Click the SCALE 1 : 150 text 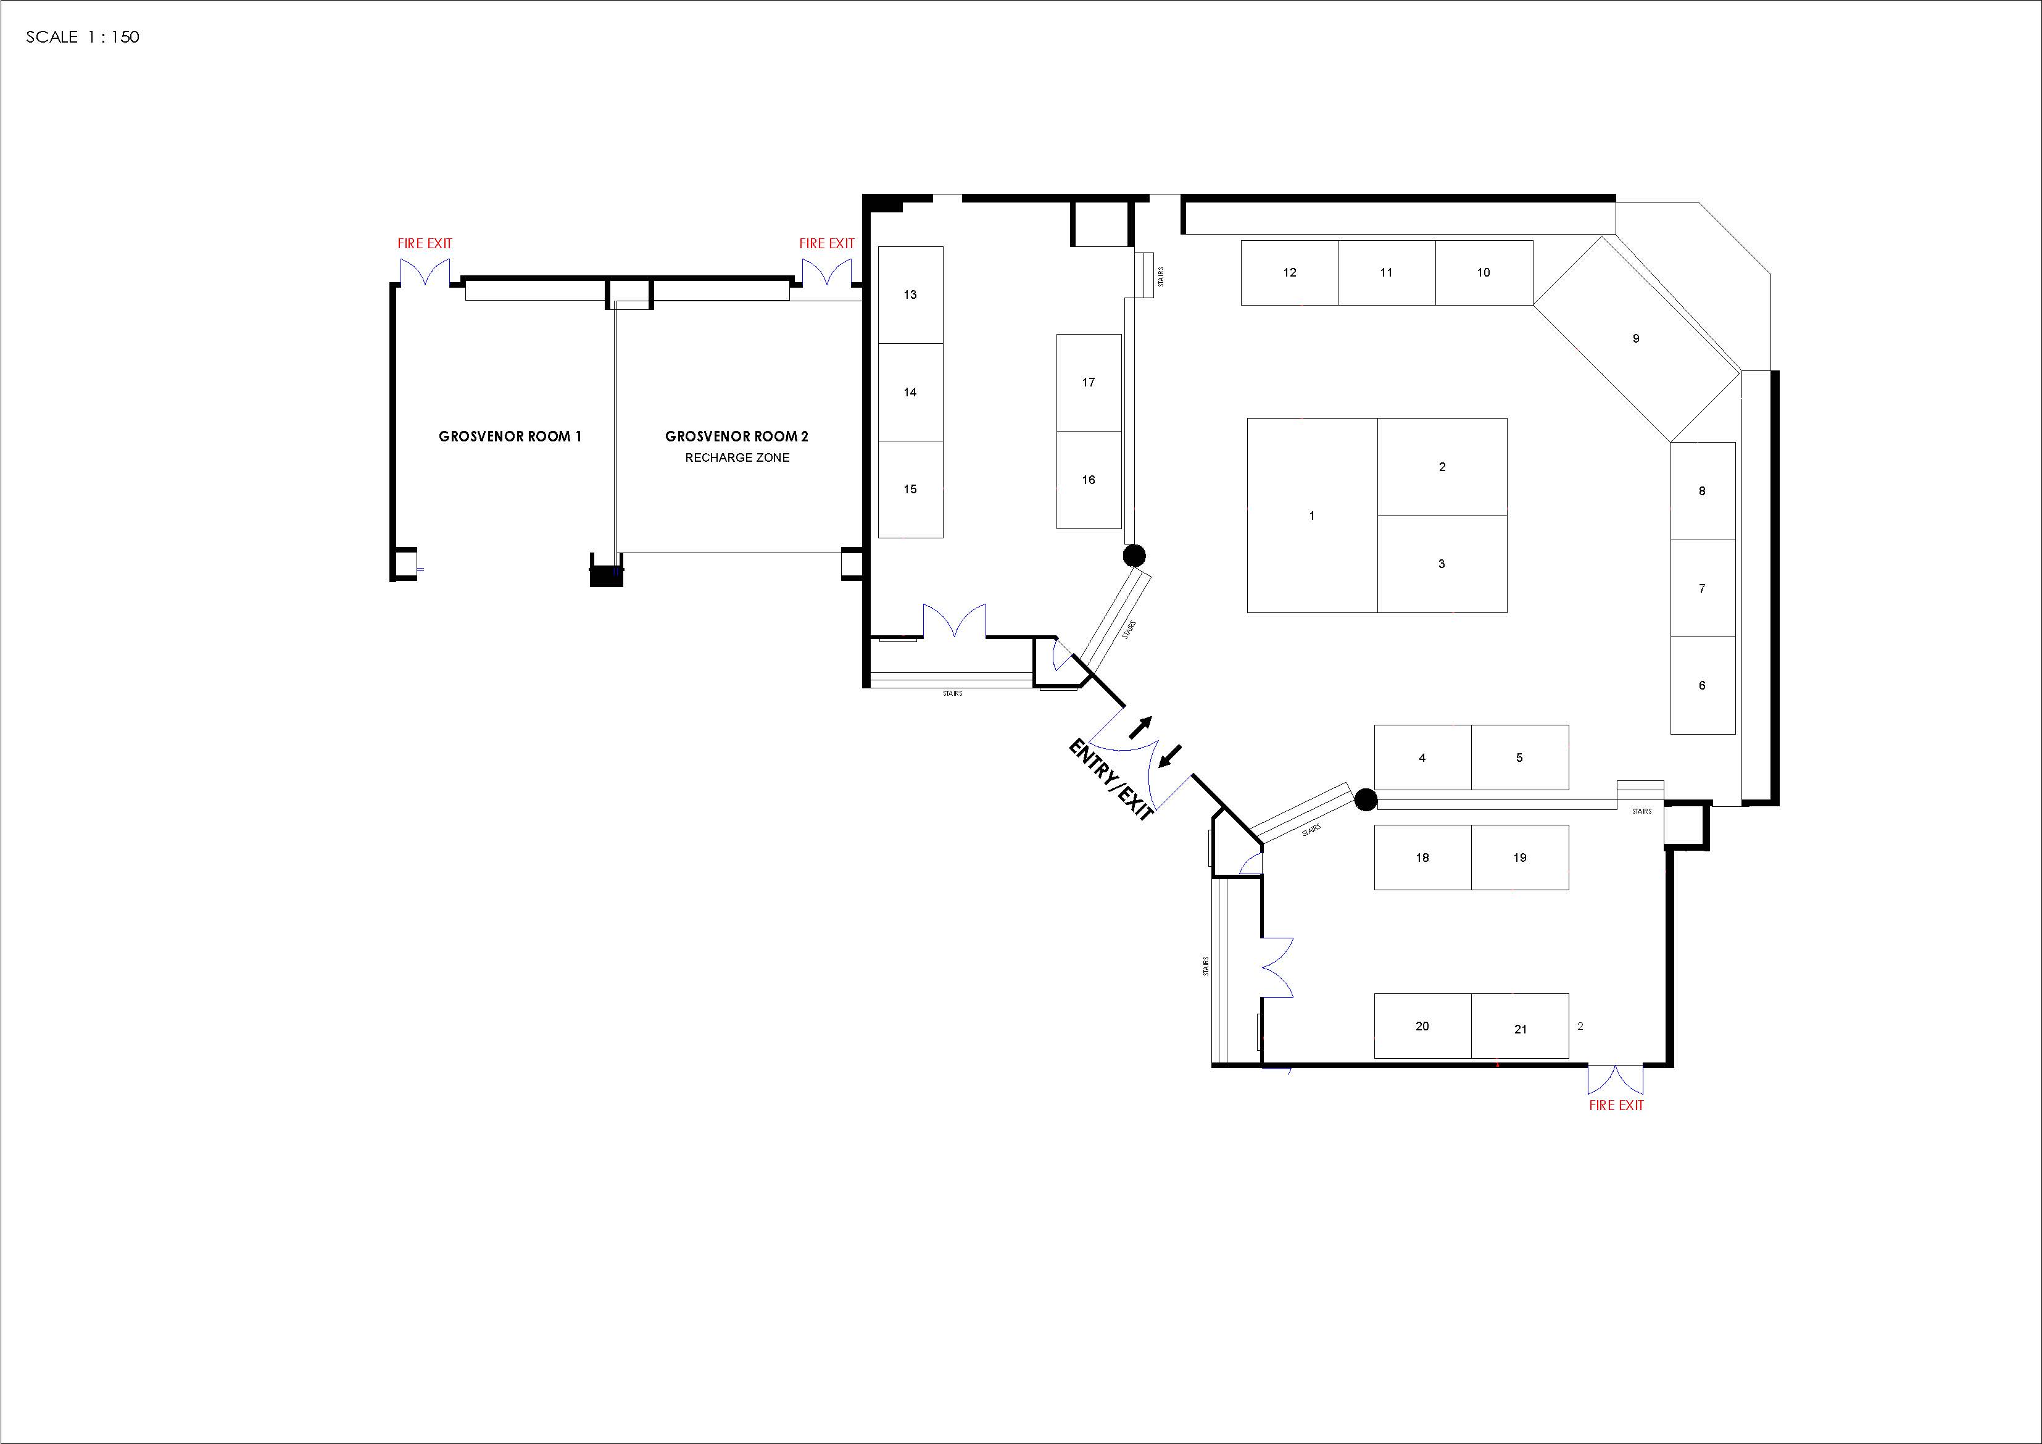click(83, 36)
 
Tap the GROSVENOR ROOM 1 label click(510, 436)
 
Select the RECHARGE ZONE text click(737, 457)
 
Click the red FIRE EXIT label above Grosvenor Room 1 click(425, 243)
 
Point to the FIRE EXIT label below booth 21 click(1616, 1105)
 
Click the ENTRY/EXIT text click(1110, 779)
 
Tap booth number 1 click(1312, 515)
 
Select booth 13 click(910, 294)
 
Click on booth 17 click(1089, 383)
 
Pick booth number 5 click(1519, 757)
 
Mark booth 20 click(1422, 1026)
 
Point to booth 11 click(1387, 272)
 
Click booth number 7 click(1702, 588)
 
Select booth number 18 click(1422, 858)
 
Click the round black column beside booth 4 click(1366, 800)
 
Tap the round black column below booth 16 click(1134, 556)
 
